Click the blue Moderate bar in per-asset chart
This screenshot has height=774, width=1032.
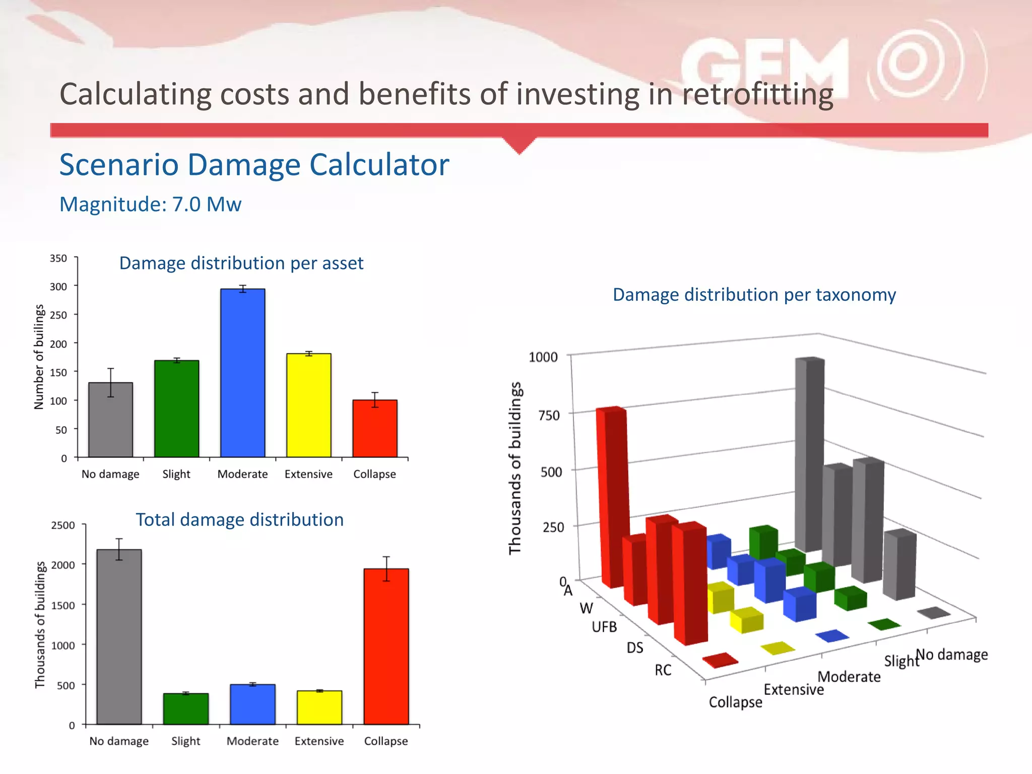242,373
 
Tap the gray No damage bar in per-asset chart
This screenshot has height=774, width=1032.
110,420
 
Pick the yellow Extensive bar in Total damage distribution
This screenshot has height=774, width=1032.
319,707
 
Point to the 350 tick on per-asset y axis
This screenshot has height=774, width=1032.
58,259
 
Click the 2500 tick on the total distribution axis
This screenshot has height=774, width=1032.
63,525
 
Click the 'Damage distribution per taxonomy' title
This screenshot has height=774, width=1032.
754,295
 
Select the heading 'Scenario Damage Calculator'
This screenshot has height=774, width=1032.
254,165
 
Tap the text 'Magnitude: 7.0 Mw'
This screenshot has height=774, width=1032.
150,205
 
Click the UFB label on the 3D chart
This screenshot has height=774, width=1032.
604,627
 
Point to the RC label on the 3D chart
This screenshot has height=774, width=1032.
663,670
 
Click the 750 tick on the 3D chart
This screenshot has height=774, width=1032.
549,416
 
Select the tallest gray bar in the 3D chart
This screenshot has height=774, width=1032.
809,454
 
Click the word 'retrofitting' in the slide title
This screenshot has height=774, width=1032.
757,94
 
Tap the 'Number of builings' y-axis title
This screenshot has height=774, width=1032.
39,357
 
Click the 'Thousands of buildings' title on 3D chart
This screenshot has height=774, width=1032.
514,468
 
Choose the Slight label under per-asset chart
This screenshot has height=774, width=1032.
176,474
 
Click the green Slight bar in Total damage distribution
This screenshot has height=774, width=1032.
185,708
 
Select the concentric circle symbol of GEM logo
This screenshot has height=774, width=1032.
908,62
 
